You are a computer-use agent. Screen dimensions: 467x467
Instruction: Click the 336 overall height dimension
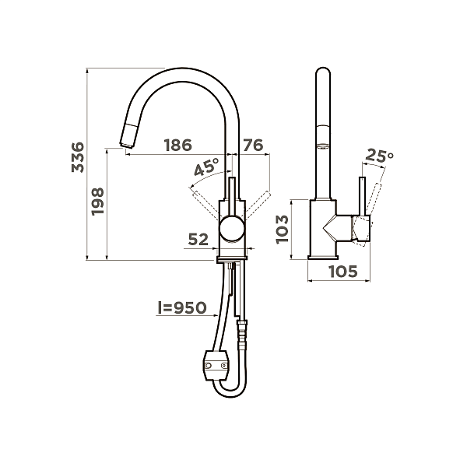78,157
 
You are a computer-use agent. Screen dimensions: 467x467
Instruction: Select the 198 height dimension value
98,202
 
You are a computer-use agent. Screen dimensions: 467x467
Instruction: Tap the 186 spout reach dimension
178,145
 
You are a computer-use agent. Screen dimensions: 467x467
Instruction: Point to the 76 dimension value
253,145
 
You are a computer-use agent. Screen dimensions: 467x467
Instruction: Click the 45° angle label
207,167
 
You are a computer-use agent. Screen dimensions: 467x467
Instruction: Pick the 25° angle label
379,155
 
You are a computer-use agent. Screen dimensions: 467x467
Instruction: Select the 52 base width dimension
198,239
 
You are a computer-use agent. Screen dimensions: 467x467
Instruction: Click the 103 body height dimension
282,230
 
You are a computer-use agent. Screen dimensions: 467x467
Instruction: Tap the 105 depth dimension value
343,272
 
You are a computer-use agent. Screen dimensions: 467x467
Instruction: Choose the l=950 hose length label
182,307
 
